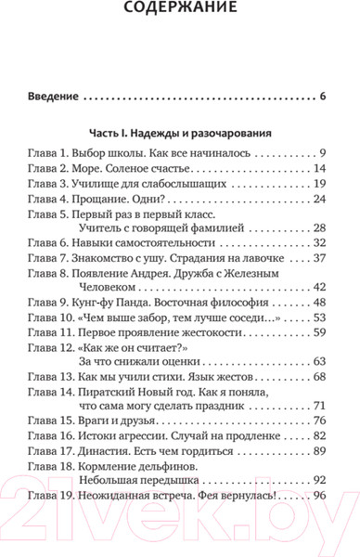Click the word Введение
point(53,97)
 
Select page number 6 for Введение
point(322,97)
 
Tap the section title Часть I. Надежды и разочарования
point(180,132)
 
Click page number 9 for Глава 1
point(323,152)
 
